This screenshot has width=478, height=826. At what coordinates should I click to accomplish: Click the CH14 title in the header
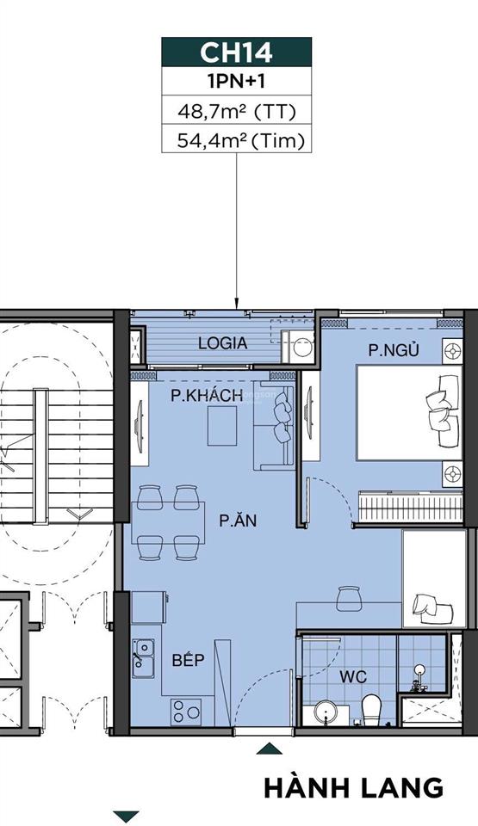(x=236, y=52)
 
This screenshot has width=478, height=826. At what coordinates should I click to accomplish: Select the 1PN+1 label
(x=236, y=82)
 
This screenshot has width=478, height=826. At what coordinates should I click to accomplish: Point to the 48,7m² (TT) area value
(x=236, y=110)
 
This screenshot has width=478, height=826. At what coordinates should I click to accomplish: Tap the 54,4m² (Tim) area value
(x=236, y=139)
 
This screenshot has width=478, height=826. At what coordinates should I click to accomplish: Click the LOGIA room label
(x=222, y=342)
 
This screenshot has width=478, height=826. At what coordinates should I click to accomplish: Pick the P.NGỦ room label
(x=389, y=350)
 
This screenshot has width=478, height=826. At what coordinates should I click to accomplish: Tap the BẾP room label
(x=188, y=660)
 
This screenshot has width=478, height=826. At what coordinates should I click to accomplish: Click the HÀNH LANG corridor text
(x=353, y=787)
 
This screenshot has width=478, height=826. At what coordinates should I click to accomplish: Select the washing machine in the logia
(x=302, y=348)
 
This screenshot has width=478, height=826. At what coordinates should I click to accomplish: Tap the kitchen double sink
(x=143, y=656)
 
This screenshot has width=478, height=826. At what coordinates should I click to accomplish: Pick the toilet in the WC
(x=371, y=707)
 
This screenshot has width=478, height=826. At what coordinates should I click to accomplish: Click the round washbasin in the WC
(x=326, y=712)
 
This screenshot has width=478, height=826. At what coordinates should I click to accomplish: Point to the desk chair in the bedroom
(x=347, y=595)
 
